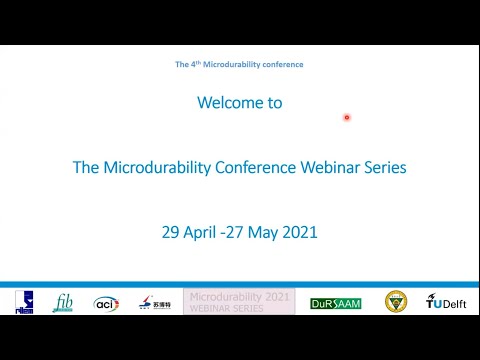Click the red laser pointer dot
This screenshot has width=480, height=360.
(x=347, y=117)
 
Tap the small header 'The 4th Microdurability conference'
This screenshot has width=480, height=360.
(x=239, y=64)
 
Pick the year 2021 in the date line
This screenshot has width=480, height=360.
(x=299, y=232)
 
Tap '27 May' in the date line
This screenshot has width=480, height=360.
(x=253, y=232)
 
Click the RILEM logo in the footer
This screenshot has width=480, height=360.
(x=24, y=302)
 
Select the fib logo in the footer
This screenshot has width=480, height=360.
(x=63, y=302)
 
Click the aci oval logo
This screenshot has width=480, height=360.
(x=106, y=303)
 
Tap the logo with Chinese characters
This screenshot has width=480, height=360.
(x=148, y=303)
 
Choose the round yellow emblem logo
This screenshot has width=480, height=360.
(x=396, y=302)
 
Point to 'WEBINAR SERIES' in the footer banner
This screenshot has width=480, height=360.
(x=227, y=308)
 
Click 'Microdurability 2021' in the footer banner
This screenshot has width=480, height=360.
(x=239, y=297)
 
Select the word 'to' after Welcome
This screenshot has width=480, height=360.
(x=274, y=102)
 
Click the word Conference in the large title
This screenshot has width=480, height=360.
(x=254, y=167)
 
